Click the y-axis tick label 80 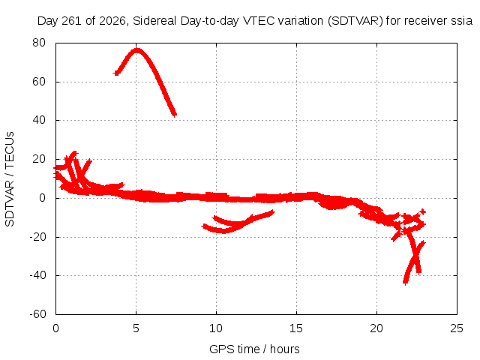pyautogui.click(x=39, y=43)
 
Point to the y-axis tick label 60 pyautogui.click(x=39, y=82)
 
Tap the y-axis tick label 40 pyautogui.click(x=39, y=120)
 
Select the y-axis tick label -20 pyautogui.click(x=37, y=237)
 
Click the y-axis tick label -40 pyautogui.click(x=37, y=275)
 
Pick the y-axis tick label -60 pyautogui.click(x=37, y=314)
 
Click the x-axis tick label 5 pyautogui.click(x=136, y=328)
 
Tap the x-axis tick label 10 pyautogui.click(x=216, y=328)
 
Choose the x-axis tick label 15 pyautogui.click(x=296, y=328)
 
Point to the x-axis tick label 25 pyautogui.click(x=457, y=328)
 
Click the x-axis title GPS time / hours pyautogui.click(x=254, y=349)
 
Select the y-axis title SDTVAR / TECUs pyautogui.click(x=10, y=179)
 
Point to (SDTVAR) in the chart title pyautogui.click(x=355, y=21)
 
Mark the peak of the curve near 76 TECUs pyautogui.click(x=136, y=50)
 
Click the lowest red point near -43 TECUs pyautogui.click(x=405, y=282)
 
